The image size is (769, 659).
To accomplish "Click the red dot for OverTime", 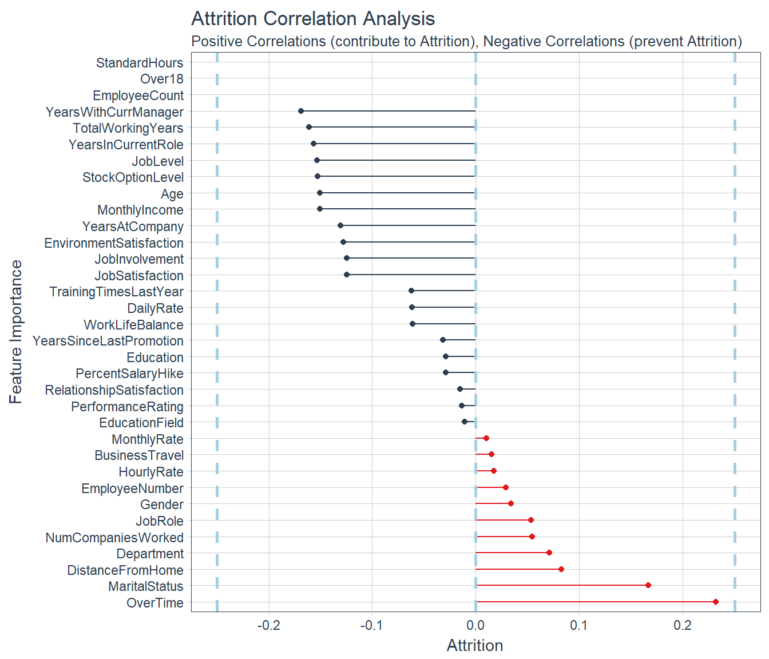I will pos(716,602).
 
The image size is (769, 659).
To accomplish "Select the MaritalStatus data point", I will pos(648,585).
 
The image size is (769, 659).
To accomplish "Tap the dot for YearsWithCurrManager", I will pos(301,111).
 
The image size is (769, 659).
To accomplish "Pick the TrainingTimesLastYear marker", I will pos(411,291).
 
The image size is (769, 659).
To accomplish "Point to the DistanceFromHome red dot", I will pos(561,569).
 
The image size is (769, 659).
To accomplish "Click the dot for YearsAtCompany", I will pos(340,225).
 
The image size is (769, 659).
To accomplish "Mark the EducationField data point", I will pos(465,422).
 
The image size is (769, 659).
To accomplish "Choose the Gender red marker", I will pos(511,503).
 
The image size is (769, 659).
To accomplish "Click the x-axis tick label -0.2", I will pos(268,625).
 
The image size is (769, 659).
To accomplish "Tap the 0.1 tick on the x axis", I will pos(579,625).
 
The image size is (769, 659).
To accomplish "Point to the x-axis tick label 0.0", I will pos(475,625).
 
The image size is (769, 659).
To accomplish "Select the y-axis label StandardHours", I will pos(140,63).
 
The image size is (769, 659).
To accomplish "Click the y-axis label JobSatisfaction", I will pos(139,276).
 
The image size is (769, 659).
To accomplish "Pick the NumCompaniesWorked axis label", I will pos(114,538).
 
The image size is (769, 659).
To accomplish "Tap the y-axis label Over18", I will pos(162,79).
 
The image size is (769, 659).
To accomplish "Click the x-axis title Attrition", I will pos(475,646).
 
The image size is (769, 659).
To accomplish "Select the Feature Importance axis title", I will pos(16,332).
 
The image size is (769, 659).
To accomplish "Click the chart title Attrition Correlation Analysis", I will pos(313,19).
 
